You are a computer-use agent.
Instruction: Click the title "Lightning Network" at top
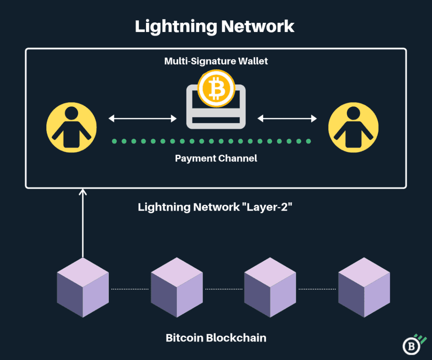click(215, 26)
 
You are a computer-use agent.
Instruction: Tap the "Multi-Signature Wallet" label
click(216, 61)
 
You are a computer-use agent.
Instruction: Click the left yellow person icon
click(71, 127)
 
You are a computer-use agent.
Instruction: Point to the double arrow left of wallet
click(143, 119)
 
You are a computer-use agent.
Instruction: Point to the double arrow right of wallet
click(287, 119)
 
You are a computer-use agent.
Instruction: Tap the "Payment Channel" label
click(216, 159)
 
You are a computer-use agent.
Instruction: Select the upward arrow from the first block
click(83, 224)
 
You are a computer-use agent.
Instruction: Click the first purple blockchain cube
click(83, 288)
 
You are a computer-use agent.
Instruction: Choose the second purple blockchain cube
click(177, 288)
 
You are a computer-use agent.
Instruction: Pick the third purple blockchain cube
click(270, 288)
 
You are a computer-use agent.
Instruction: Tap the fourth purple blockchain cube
click(364, 288)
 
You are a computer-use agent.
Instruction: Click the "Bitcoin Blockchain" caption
click(216, 338)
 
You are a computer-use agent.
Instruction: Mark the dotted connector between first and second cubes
click(130, 289)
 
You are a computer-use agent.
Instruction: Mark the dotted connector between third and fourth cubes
click(317, 289)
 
